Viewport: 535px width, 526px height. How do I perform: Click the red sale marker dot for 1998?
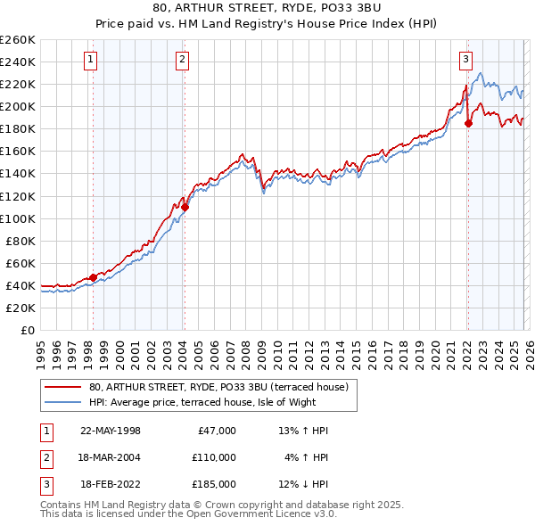pos(93,277)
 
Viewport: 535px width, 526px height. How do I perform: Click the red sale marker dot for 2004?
pos(185,207)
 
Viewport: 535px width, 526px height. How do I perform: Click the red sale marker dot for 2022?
pos(468,123)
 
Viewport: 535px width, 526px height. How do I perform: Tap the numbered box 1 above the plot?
pos(92,60)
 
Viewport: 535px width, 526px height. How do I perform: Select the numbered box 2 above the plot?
pos(182,60)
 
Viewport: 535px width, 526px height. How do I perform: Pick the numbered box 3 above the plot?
pos(465,60)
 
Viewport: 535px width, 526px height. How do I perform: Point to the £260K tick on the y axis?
pos(17,40)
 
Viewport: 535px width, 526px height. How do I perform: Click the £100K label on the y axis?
pos(17,218)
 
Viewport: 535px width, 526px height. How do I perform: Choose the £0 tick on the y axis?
pos(26,330)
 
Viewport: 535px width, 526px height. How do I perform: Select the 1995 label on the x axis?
pos(40,350)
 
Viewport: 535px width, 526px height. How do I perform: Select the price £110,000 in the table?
pos(213,457)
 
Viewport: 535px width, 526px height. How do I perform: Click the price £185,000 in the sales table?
pos(213,484)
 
